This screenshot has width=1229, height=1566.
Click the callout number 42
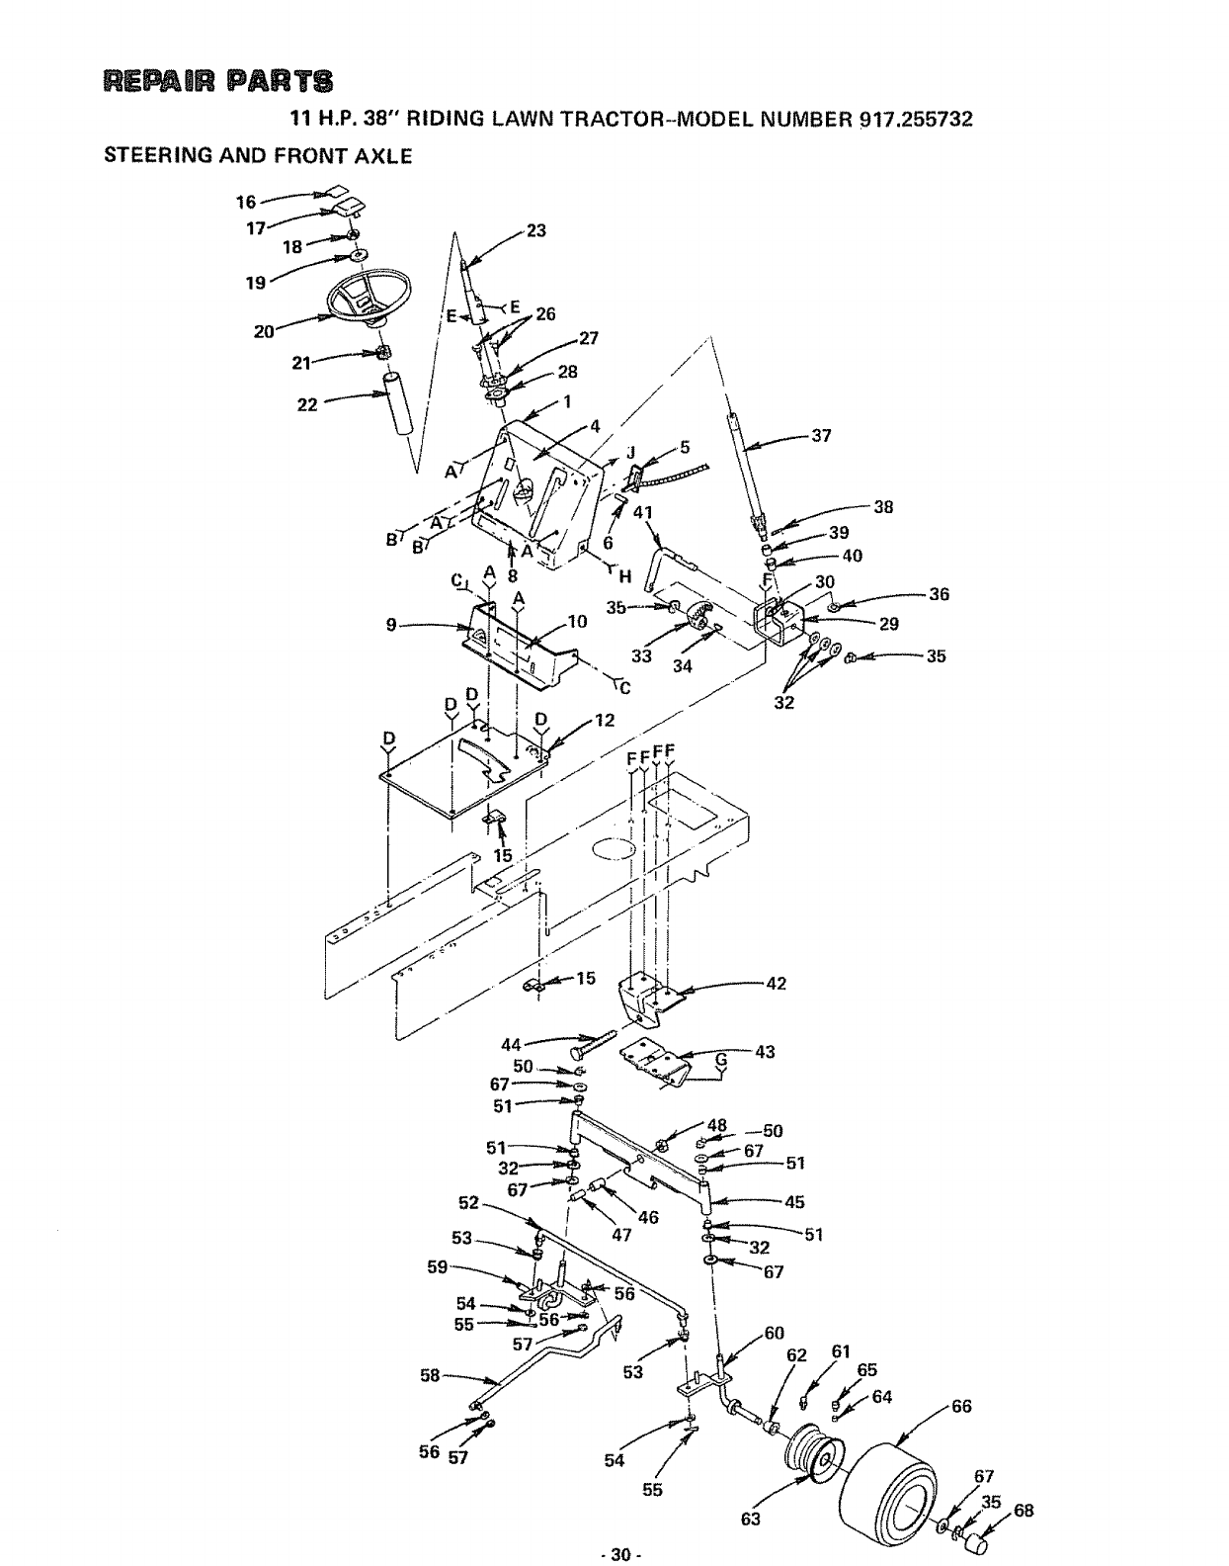(x=777, y=984)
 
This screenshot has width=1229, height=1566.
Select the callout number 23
(x=535, y=230)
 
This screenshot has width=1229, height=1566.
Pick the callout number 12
(x=605, y=720)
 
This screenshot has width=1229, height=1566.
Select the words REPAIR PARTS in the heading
(x=210, y=80)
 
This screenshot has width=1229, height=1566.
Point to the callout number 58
(x=430, y=1375)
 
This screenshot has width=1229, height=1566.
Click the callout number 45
(x=794, y=1202)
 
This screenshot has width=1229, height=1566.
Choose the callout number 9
(x=392, y=624)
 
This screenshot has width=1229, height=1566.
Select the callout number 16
(x=246, y=203)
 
